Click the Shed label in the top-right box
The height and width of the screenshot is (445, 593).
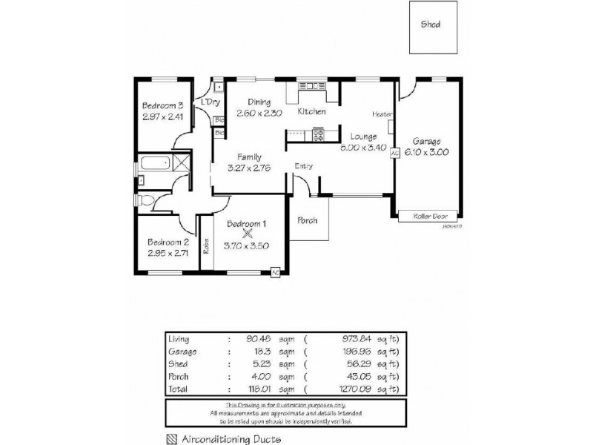click(x=431, y=24)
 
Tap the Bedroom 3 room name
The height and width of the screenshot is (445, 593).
click(x=163, y=105)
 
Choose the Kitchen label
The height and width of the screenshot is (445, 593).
click(x=311, y=112)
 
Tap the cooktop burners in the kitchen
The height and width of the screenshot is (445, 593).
click(x=319, y=135)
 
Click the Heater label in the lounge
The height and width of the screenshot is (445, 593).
click(x=382, y=114)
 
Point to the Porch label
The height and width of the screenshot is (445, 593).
click(x=308, y=220)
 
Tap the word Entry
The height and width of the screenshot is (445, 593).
click(x=303, y=166)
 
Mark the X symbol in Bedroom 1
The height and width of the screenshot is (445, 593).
click(x=247, y=233)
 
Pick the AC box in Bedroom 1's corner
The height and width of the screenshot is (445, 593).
click(x=275, y=271)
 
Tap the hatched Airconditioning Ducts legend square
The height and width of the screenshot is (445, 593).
click(x=172, y=438)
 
